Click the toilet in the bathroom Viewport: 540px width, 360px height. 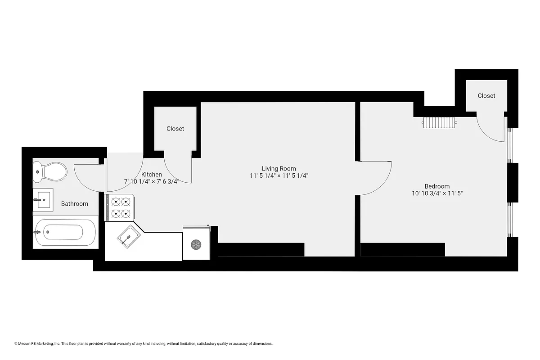coord(50,171)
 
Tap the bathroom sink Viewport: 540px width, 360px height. coord(44,199)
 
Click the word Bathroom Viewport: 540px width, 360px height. coord(75,204)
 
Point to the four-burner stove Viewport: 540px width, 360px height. coord(120,207)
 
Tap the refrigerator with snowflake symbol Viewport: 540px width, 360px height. coord(196,244)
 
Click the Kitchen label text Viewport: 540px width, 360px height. coord(152,175)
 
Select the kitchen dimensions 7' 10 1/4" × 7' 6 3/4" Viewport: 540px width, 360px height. coord(152,182)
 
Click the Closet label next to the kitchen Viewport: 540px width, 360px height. coord(175,129)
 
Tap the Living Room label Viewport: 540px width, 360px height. coord(279,169)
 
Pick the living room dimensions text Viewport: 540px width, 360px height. coord(279,176)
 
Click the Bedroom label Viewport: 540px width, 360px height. coord(437,186)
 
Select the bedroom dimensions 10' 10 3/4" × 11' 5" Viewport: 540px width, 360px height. coord(437,193)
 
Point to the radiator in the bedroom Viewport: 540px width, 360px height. coord(440,122)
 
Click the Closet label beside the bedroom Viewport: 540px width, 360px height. coord(486,96)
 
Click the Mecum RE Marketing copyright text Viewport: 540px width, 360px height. coord(144,344)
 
